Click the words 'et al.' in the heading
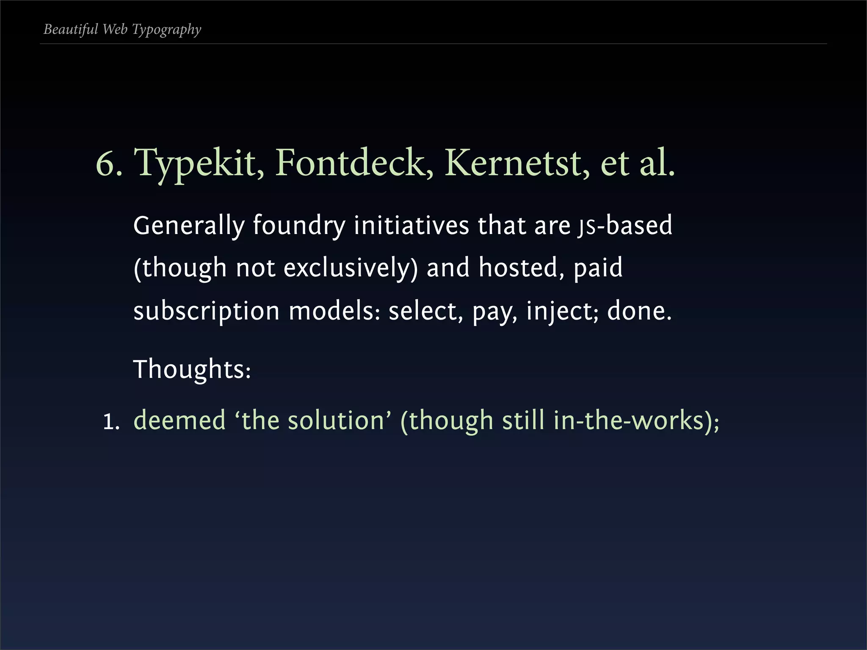point(637,163)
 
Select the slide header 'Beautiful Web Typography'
point(122,29)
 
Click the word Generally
point(189,226)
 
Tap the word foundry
point(299,226)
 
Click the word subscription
point(206,311)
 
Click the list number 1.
point(111,422)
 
